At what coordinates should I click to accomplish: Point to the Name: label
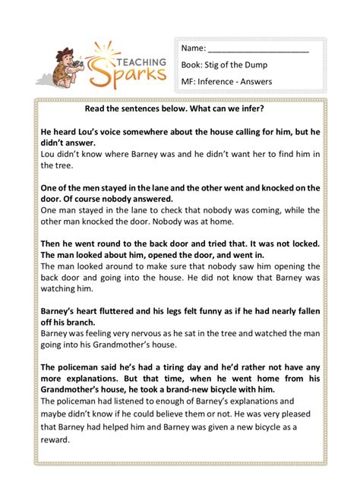point(194,49)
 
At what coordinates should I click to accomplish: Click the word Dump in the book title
point(280,65)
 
